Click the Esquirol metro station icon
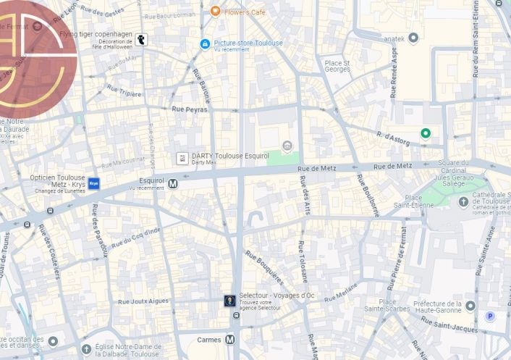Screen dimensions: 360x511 [173, 184]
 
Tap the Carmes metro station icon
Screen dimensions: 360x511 [230, 339]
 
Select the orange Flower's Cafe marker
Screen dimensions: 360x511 [215, 11]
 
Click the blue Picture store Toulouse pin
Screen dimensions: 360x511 [205, 43]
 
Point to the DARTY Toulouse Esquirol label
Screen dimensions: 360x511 [229, 156]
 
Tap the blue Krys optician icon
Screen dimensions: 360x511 [93, 183]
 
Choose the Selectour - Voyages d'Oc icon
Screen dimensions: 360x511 [229, 301]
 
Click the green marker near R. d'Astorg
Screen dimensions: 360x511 [426, 133]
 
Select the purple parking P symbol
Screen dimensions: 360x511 [490, 316]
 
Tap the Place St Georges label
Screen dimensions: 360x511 [337, 67]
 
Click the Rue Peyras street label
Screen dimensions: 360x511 [190, 109]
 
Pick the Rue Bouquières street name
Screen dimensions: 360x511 [264, 267]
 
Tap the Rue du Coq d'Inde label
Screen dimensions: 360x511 [136, 238]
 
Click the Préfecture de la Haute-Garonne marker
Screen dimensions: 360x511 [470, 306]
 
